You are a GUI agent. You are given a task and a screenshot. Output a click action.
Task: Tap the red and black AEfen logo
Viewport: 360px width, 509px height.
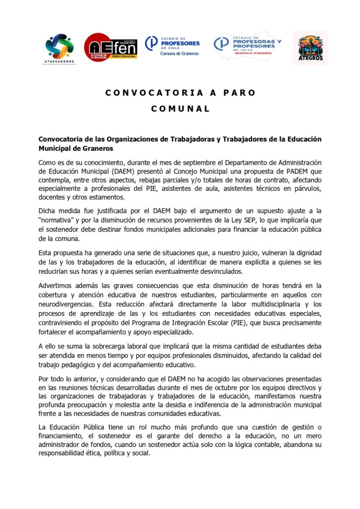click(110, 47)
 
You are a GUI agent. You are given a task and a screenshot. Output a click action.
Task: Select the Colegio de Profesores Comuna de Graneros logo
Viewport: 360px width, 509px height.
click(172, 46)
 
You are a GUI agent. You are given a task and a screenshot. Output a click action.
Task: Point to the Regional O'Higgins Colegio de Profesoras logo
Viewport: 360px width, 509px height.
click(247, 47)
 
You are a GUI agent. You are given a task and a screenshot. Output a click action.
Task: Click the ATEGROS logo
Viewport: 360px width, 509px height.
click(310, 48)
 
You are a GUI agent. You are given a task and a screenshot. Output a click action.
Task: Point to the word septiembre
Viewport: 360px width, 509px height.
click(164, 163)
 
